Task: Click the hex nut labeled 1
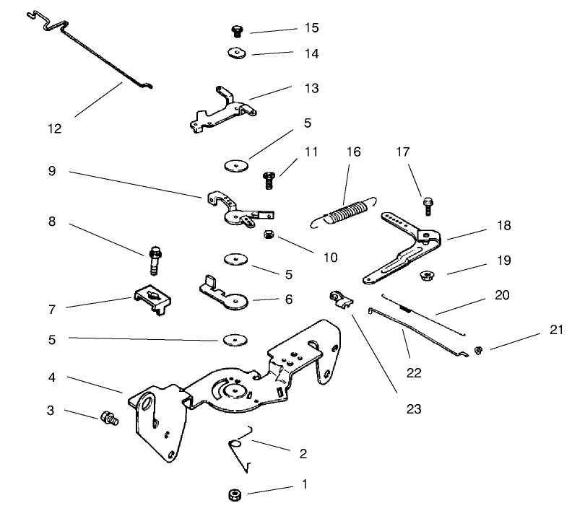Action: coord(233,494)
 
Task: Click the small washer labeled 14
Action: coord(234,53)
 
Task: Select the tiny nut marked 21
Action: coord(477,351)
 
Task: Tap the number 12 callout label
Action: coord(54,130)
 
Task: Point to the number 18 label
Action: coord(503,226)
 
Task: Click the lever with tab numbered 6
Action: coord(225,295)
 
